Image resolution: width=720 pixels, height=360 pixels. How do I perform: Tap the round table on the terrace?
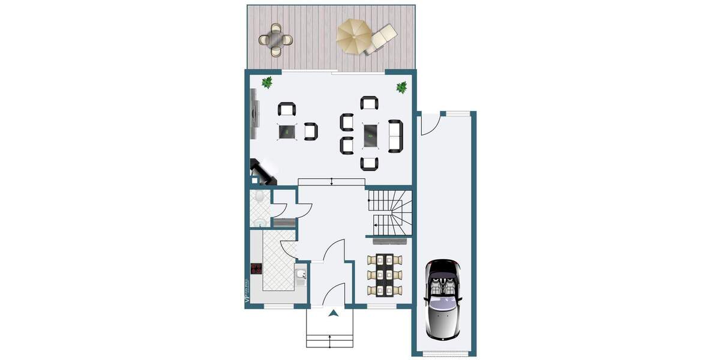point(276,40)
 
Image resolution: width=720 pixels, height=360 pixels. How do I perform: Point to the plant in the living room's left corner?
point(267,82)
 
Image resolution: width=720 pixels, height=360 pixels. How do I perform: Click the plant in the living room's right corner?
point(401,88)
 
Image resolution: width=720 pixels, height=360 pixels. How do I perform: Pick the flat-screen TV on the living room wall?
point(254,112)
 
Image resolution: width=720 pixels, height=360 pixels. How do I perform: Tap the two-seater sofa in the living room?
point(395,136)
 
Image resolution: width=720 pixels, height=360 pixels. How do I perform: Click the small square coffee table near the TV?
point(287,131)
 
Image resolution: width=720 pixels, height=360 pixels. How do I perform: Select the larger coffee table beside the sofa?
point(370,134)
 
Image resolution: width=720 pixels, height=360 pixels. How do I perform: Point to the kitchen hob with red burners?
point(257,269)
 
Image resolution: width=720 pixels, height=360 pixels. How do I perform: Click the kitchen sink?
point(302,275)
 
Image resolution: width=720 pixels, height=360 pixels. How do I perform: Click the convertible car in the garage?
point(443,298)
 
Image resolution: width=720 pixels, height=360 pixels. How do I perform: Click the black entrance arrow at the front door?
point(334,312)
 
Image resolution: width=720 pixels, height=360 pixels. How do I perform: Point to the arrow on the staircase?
point(375,226)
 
